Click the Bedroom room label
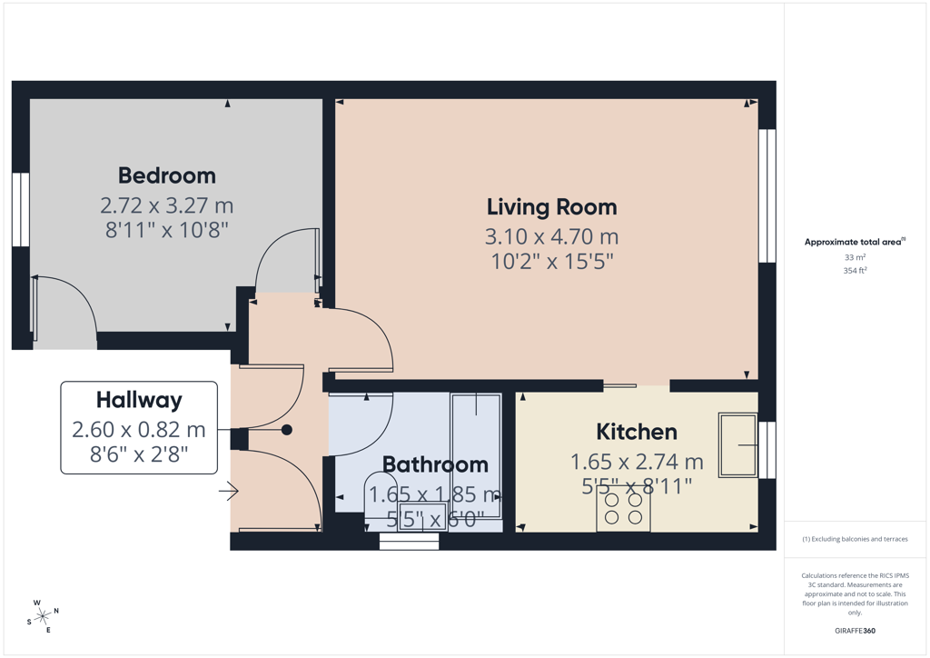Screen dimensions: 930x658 [167, 175]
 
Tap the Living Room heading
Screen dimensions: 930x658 [551, 207]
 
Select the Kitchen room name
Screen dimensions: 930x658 [637, 432]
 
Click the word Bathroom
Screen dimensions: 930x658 [435, 464]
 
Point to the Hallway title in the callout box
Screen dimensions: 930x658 [139, 401]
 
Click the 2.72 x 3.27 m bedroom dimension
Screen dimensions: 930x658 [167, 206]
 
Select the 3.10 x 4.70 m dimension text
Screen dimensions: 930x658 [551, 236]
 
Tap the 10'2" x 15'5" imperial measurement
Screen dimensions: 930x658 [551, 262]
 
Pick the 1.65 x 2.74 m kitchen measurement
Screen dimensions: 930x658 [637, 462]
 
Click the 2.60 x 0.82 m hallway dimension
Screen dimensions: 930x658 [139, 430]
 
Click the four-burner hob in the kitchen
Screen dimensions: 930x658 [623, 509]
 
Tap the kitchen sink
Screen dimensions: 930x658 [738, 445]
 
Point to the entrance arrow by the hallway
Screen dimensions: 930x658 [229, 491]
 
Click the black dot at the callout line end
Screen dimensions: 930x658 [286, 430]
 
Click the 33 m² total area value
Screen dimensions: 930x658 [855, 257]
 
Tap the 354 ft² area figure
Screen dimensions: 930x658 [855, 271]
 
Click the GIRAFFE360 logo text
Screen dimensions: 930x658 [855, 631]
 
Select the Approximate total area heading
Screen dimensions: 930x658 [855, 242]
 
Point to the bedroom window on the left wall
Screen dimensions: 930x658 [21, 209]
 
